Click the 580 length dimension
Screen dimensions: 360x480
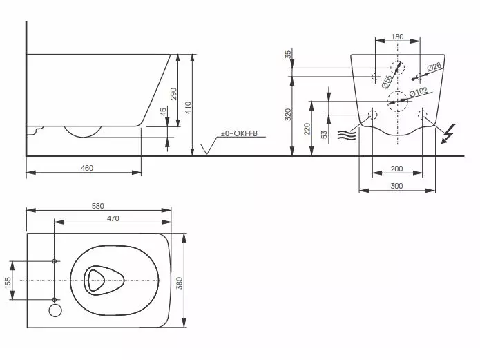[98, 205]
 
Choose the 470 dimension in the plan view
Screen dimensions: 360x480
[113, 219]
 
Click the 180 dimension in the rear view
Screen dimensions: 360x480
[397, 36]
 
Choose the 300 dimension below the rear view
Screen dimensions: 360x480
[396, 186]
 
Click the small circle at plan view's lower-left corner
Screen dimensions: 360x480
[55, 311]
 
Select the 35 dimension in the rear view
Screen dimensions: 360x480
[288, 54]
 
